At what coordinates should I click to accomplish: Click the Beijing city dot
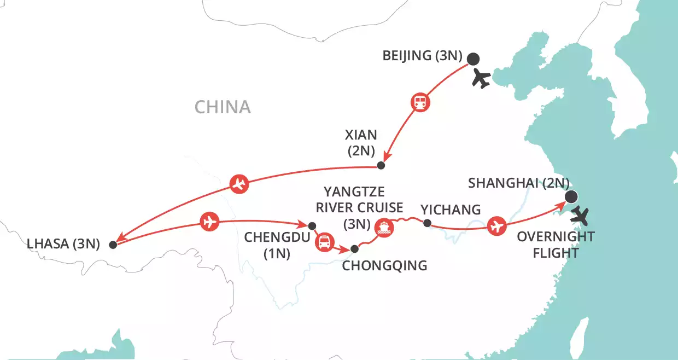click(x=473, y=59)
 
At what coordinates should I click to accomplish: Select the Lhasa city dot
click(x=113, y=245)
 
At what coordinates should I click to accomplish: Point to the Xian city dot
click(x=382, y=166)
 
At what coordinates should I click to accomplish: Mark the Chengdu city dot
click(x=312, y=225)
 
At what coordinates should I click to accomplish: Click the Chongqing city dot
click(x=354, y=249)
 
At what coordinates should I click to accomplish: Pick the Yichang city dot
click(x=428, y=223)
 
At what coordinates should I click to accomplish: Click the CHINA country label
click(x=223, y=107)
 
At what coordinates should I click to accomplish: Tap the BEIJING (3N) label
click(x=423, y=56)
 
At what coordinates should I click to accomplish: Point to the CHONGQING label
click(x=384, y=266)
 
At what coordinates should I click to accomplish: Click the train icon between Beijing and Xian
click(x=420, y=102)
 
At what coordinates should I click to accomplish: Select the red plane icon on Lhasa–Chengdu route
click(x=209, y=222)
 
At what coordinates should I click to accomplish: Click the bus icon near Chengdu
click(x=324, y=241)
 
